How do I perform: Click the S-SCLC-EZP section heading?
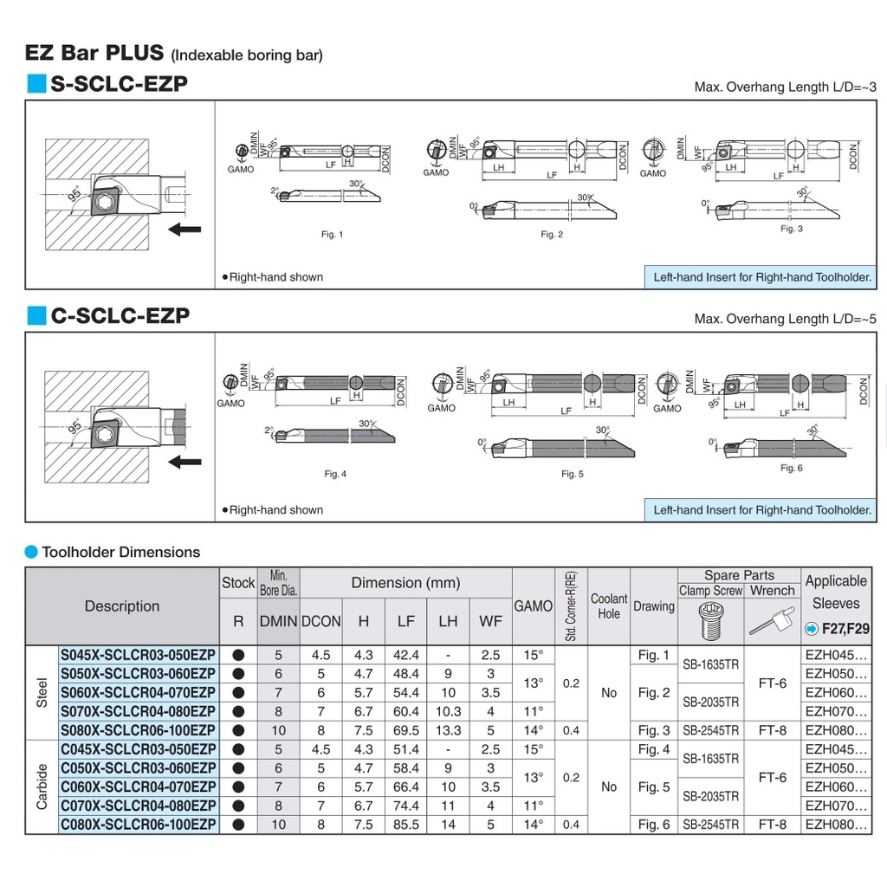[119, 84]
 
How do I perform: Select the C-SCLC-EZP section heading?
[120, 316]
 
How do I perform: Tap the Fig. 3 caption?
[791, 229]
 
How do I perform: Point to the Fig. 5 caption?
[573, 474]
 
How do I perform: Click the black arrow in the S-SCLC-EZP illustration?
[185, 229]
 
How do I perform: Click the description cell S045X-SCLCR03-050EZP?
[139, 655]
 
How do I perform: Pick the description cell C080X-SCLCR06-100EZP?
[139, 824]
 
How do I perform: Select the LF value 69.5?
[405, 730]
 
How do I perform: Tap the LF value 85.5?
[405, 825]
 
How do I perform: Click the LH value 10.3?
[448, 711]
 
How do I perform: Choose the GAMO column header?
[533, 606]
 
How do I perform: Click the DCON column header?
[320, 621]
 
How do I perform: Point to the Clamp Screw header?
[710, 591]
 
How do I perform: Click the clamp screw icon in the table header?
[710, 621]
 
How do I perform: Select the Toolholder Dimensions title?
[120, 552]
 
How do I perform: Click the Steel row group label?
[42, 692]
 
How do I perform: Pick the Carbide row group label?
[42, 787]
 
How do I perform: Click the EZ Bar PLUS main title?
[94, 52]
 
